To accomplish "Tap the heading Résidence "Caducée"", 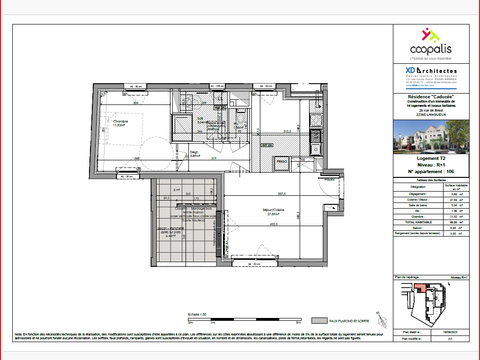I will [431, 98].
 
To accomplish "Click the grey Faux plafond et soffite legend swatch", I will [319, 321].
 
